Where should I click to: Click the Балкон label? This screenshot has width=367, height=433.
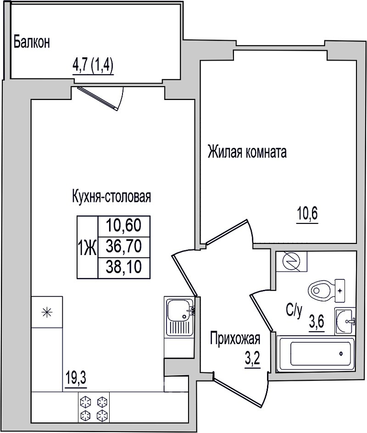pos(32,43)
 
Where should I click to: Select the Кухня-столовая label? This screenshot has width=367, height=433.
pos(111,196)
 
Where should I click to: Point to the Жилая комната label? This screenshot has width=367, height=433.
pos(247,152)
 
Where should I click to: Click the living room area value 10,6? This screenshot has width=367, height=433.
pos(307,214)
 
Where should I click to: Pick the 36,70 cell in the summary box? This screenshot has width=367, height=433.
pos(124,246)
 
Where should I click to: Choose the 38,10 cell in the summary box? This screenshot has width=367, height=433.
pos(124,267)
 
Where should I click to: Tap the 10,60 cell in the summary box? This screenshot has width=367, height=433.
pos(124,225)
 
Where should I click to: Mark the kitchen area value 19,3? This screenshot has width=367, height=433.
pos(76,378)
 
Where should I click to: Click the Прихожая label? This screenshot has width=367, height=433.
pos(235,339)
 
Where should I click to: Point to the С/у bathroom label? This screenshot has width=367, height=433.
pos(294,311)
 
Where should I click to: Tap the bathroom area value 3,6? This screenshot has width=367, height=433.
pos(317,321)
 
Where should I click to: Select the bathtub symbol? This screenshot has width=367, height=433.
pos(317,354)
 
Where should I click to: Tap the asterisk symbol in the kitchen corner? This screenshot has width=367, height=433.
pos(47,312)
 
